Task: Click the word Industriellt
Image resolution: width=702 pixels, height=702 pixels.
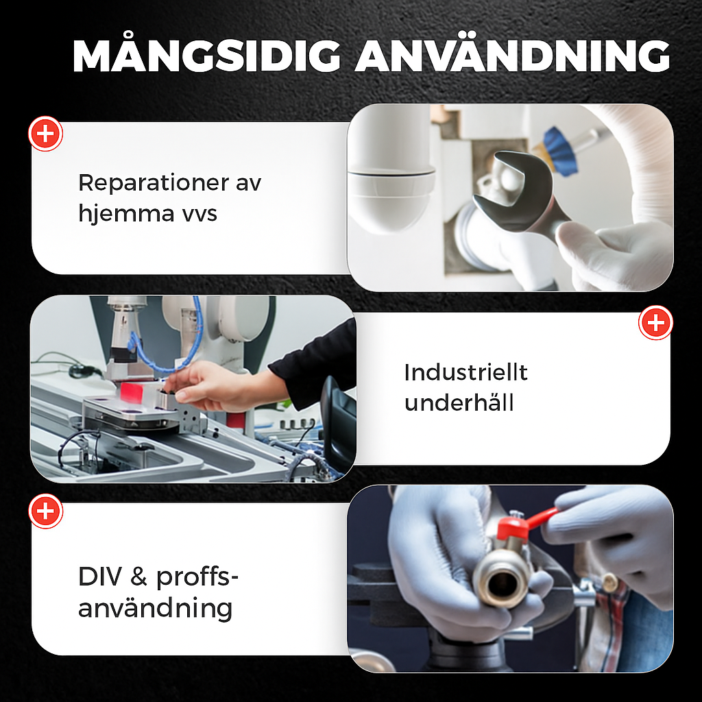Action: click(x=465, y=372)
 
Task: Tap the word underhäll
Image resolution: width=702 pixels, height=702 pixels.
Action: click(x=459, y=402)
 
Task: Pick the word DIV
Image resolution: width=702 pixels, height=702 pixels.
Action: click(x=100, y=577)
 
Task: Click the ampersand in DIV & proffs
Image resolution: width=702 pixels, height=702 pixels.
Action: click(x=138, y=577)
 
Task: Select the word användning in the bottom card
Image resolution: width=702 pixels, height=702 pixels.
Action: click(x=156, y=609)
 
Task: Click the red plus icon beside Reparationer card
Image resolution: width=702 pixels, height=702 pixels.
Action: click(x=46, y=134)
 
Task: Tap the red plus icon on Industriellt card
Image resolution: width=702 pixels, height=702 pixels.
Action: click(x=655, y=323)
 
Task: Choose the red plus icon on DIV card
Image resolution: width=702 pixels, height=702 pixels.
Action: click(x=46, y=511)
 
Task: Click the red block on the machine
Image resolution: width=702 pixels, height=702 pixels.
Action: click(x=132, y=391)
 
